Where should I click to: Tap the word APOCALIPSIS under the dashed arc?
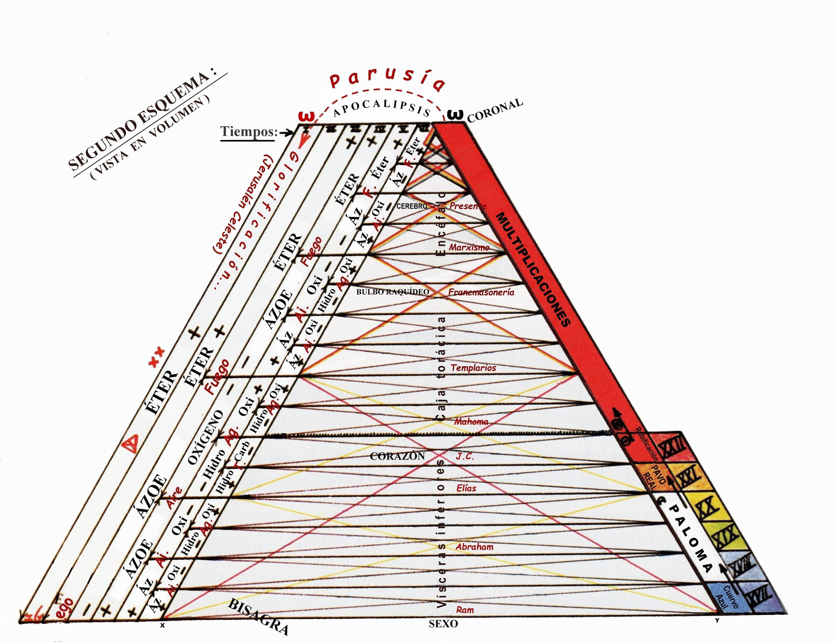(x=382, y=107)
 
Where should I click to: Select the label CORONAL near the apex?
(x=494, y=110)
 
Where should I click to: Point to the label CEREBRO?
(x=412, y=206)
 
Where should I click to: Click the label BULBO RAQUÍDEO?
(x=393, y=292)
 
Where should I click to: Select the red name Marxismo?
(x=469, y=247)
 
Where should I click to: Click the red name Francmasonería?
(x=481, y=292)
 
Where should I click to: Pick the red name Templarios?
(x=473, y=368)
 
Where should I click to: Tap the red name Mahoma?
(x=471, y=422)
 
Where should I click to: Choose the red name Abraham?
(x=474, y=547)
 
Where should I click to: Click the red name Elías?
(x=466, y=488)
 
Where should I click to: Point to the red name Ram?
(x=465, y=609)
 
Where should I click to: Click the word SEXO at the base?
(x=443, y=624)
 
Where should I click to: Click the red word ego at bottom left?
(x=65, y=608)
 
